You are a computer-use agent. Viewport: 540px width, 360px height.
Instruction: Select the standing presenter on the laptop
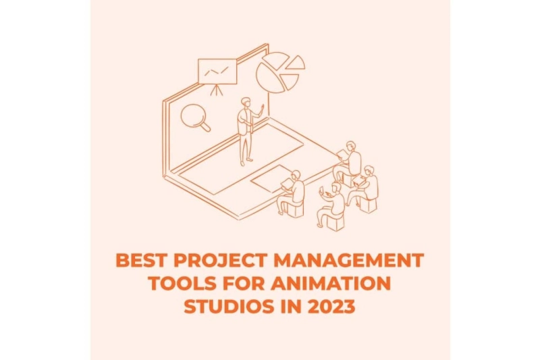246,132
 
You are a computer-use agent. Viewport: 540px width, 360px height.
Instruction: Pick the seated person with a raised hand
333,203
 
